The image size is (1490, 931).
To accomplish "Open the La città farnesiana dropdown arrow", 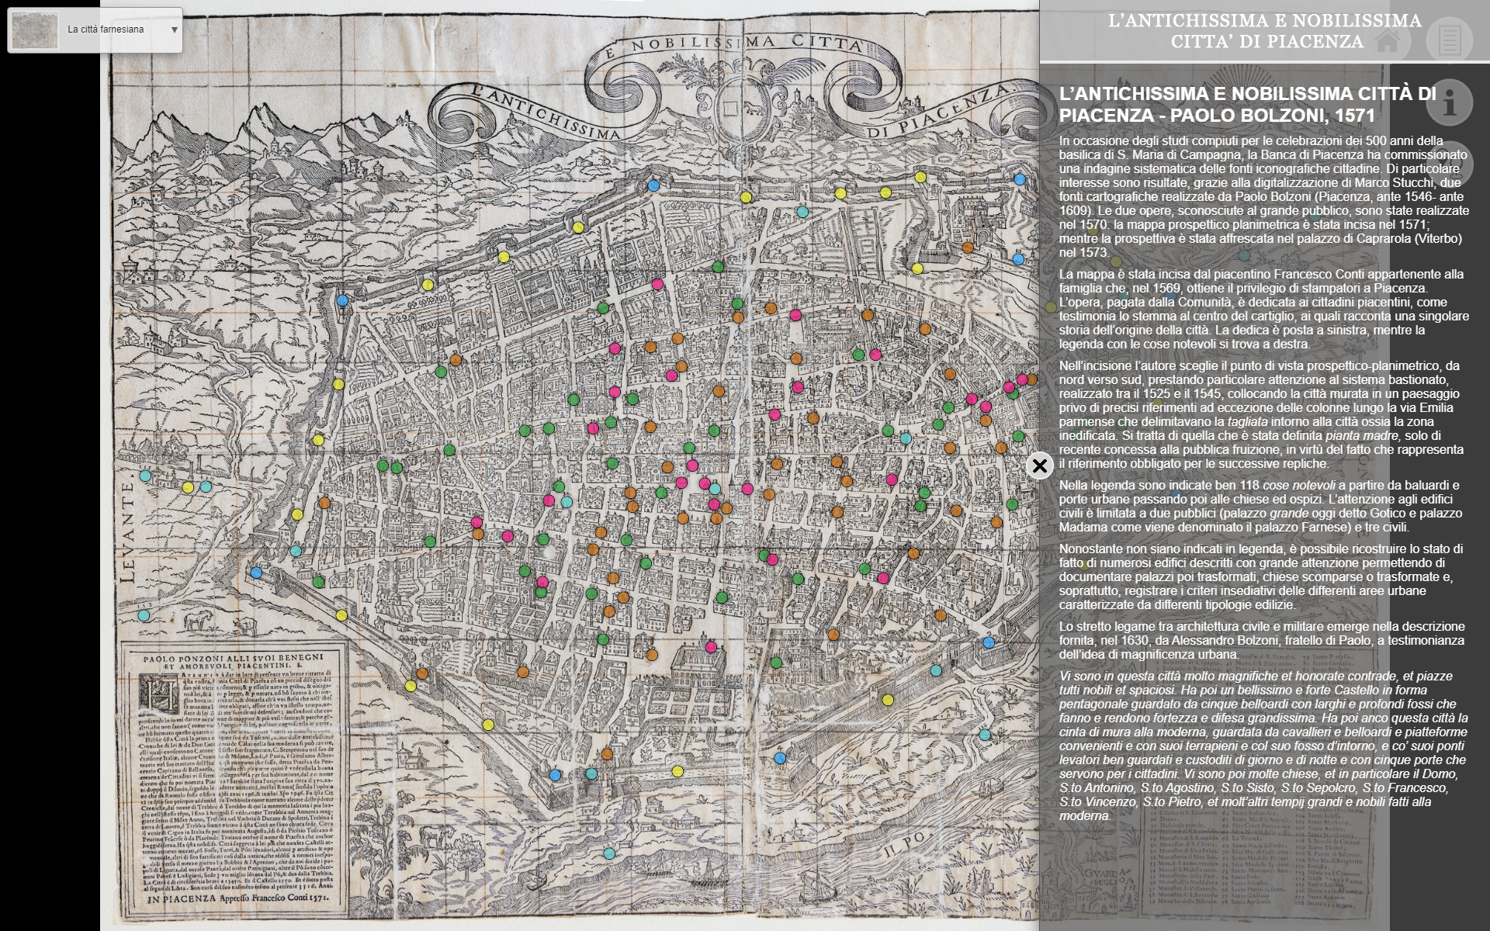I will click(174, 30).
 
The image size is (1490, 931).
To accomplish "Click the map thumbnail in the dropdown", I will click(35, 29).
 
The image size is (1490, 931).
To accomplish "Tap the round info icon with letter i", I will click(1449, 102).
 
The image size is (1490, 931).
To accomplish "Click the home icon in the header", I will click(1388, 40).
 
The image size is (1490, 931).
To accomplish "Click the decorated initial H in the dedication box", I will click(148, 690).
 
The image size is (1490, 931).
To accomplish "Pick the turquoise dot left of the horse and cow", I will click(144, 615).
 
